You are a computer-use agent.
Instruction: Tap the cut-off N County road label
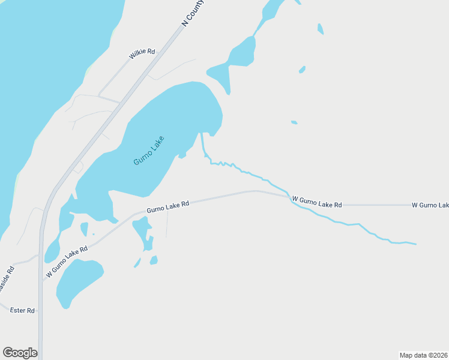pyautogui.click(x=193, y=13)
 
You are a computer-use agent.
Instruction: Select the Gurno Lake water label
pyautogui.click(x=149, y=151)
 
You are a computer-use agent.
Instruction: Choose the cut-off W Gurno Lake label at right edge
pyautogui.click(x=430, y=205)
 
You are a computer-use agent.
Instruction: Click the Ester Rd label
pyautogui.click(x=23, y=310)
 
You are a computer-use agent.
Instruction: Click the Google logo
pyautogui.click(x=20, y=353)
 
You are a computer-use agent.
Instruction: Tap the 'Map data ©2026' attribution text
pyautogui.click(x=424, y=355)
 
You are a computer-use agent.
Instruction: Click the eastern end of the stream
pyautogui.click(x=415, y=244)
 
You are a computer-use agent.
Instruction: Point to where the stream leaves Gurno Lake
pyautogui.click(x=202, y=133)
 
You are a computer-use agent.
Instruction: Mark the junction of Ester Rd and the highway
pyautogui.click(x=40, y=311)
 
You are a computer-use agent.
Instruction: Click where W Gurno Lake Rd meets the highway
pyautogui.click(x=41, y=280)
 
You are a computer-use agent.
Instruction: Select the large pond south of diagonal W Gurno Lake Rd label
pyautogui.click(x=78, y=282)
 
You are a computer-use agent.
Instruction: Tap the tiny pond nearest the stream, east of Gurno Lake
pyautogui.click(x=294, y=122)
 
